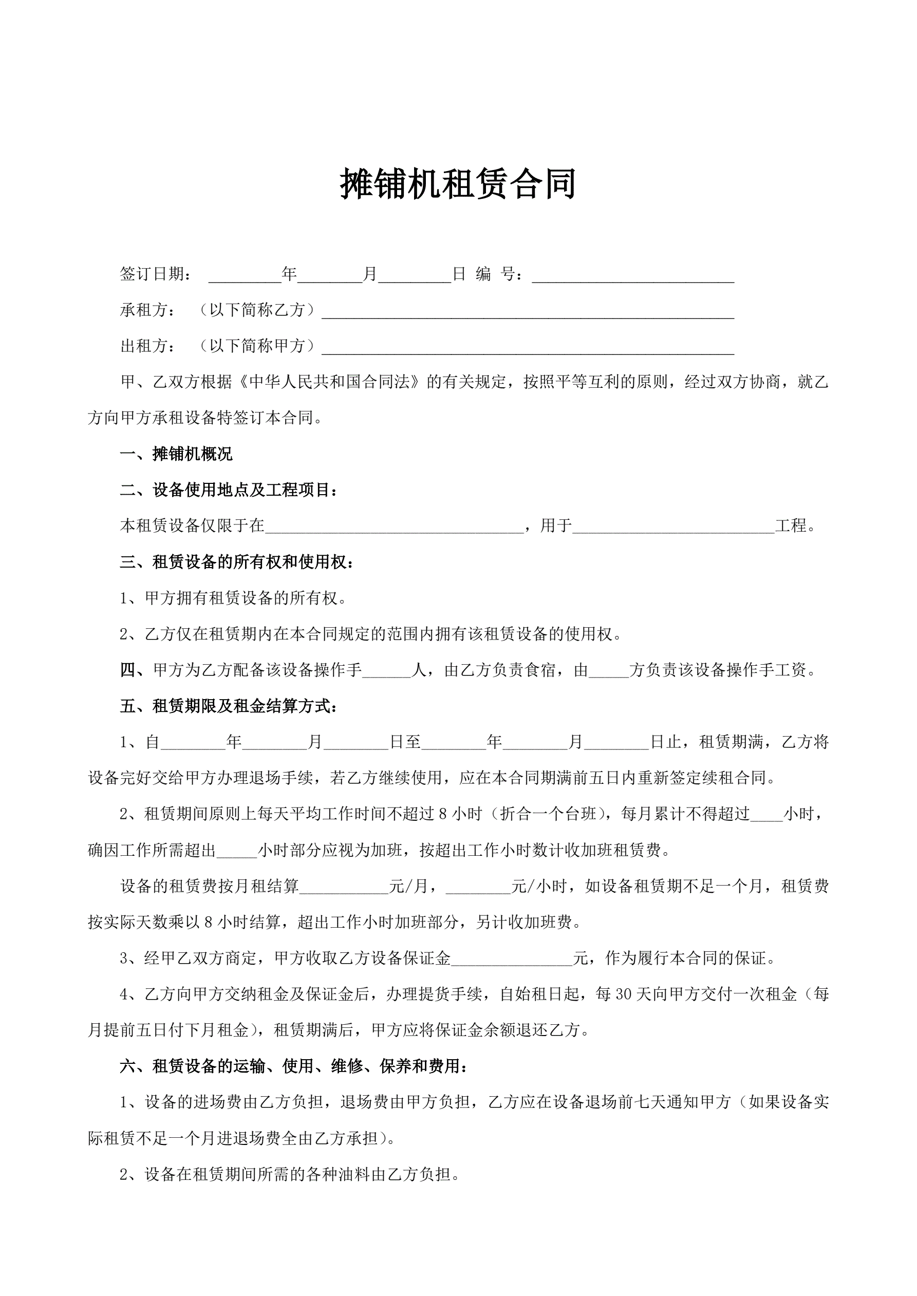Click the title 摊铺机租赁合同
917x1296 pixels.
pyautogui.click(x=458, y=184)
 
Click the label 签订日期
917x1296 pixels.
pyautogui.click(x=152, y=274)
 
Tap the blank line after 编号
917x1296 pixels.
pyautogui.click(x=632, y=276)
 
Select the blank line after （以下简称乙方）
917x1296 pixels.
pyautogui.click(x=528, y=312)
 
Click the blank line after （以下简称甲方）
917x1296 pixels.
pyautogui.click(x=528, y=348)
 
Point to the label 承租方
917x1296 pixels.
pyautogui.click(x=144, y=310)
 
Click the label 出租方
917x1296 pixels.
pyautogui.click(x=144, y=346)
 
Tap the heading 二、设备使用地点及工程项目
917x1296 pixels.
pyautogui.click(x=229, y=490)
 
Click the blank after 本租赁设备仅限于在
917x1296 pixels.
pyautogui.click(x=394, y=528)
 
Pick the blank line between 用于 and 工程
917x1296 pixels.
pyautogui.click(x=672, y=528)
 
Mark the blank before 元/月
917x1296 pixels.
pyautogui.click(x=344, y=889)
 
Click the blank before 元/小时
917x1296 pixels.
pyautogui.click(x=478, y=889)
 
